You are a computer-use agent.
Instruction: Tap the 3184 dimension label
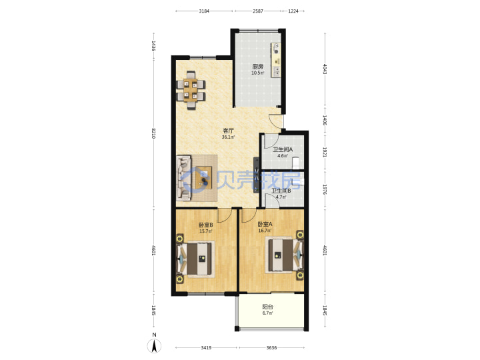204,11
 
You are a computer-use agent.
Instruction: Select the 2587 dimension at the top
258,11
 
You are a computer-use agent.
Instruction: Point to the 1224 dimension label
293,11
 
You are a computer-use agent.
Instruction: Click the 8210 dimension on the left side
154,133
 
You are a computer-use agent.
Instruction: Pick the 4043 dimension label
325,69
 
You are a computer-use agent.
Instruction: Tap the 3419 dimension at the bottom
206,348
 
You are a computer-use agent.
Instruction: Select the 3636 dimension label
271,348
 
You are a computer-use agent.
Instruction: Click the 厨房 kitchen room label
258,67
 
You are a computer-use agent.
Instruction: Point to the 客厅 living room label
228,131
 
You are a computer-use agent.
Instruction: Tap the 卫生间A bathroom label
283,150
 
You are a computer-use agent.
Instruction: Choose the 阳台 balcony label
267,307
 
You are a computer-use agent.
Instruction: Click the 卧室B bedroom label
206,225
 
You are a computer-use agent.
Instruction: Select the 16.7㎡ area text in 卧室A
265,231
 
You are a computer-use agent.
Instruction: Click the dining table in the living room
191,90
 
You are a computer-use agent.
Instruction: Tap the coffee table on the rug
203,177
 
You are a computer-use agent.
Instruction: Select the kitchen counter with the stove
276,60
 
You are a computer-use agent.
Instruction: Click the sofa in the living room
184,178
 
